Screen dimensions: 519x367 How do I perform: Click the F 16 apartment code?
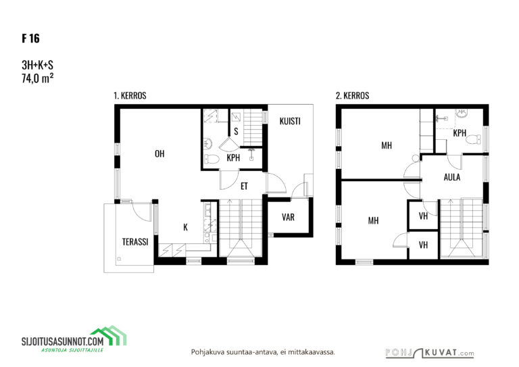click(x=31, y=39)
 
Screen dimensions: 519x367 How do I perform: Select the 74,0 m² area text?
click(x=37, y=78)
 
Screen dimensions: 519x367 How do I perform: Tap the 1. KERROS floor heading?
click(x=130, y=96)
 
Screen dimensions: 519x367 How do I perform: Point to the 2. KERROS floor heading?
click(x=352, y=96)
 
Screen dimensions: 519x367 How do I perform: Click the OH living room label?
click(x=159, y=154)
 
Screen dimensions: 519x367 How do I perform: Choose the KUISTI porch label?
click(x=290, y=122)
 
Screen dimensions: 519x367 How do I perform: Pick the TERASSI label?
click(x=135, y=242)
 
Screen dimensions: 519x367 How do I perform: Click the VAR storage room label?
click(x=288, y=218)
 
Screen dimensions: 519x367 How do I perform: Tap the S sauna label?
click(x=236, y=132)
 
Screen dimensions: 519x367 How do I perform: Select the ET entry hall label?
click(x=244, y=187)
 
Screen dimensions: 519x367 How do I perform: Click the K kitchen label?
click(x=185, y=227)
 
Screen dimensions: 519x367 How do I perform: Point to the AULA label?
click(x=452, y=177)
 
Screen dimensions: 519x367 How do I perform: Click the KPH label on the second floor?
click(x=460, y=133)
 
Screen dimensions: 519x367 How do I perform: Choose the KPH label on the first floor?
click(x=233, y=158)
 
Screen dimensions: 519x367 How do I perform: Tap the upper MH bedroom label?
click(x=387, y=145)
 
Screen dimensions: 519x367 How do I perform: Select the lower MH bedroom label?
click(x=373, y=221)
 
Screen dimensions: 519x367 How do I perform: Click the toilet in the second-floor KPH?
click(x=473, y=139)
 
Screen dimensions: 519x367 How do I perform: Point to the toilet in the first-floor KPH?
click(x=212, y=160)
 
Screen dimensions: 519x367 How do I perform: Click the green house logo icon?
click(x=109, y=335)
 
